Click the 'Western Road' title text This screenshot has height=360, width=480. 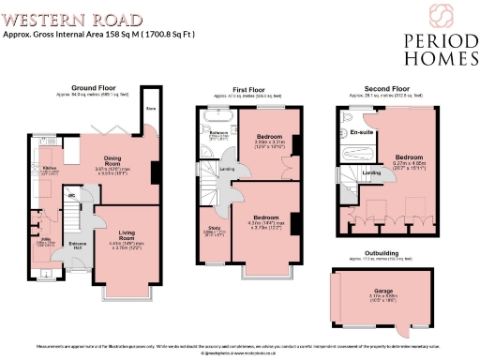coord(73,19)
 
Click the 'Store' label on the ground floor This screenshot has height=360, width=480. coord(149,109)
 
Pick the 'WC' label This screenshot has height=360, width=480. coord(70,195)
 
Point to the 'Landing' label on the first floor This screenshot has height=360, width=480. coord(226,169)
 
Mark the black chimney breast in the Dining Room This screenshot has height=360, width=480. coord(154,174)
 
